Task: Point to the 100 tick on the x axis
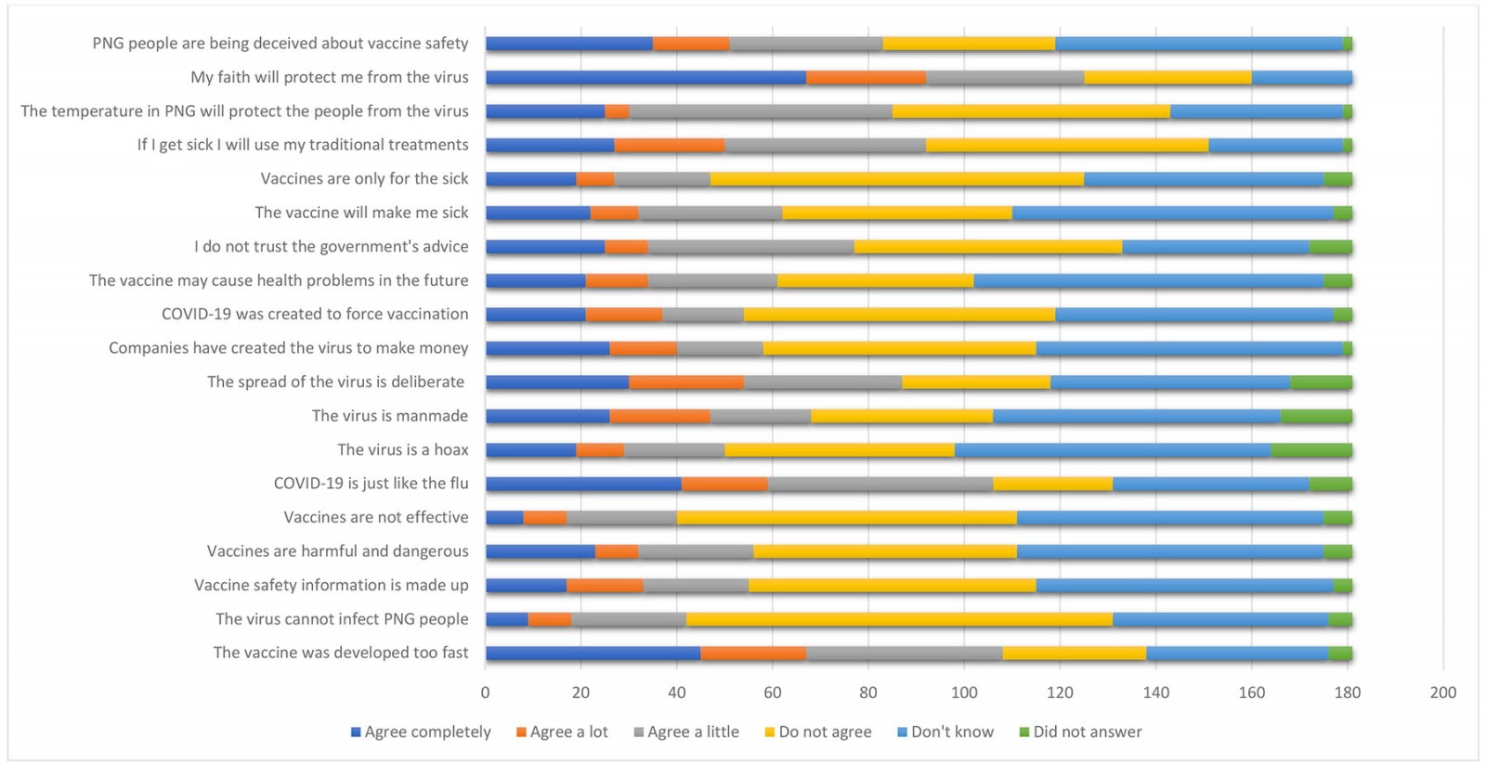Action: [964, 692]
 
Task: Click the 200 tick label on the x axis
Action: [1443, 692]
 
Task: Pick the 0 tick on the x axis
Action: [485, 692]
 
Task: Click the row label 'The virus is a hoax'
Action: [402, 449]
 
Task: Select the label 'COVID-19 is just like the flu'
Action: [371, 483]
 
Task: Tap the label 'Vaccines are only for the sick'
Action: [364, 178]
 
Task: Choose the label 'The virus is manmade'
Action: [389, 415]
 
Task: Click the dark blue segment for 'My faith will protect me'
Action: [645, 77]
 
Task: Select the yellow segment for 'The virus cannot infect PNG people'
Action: [899, 619]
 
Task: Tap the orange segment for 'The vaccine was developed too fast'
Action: [753, 653]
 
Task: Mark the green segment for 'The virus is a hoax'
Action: [1311, 450]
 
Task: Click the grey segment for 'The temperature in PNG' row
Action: [761, 111]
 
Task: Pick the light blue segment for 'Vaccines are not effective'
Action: [1170, 518]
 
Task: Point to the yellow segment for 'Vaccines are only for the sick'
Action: [897, 179]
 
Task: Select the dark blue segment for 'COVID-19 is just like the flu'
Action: [583, 484]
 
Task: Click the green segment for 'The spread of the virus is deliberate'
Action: [1321, 382]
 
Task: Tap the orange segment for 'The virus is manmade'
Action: [659, 416]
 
